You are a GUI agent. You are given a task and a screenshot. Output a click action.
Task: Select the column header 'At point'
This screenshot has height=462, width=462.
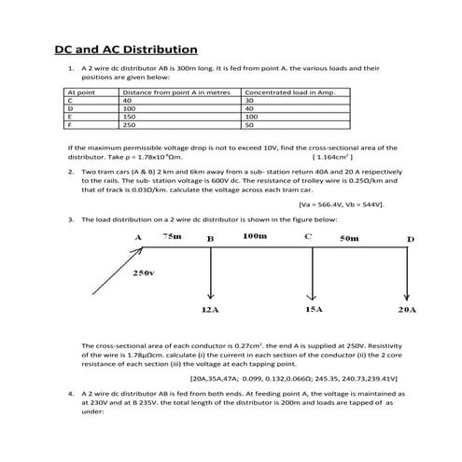coord(80,93)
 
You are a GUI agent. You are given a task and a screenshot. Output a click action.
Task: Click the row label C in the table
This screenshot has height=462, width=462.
coord(69,101)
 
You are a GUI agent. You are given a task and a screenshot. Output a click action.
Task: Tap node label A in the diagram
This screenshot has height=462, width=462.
coord(137,238)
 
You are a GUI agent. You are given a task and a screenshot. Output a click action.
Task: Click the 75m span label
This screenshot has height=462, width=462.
coord(172,237)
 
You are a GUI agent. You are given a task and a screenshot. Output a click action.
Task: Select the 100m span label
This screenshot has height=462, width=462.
coord(254,237)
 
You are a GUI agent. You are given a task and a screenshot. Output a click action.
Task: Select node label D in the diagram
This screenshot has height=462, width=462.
coord(409,240)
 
